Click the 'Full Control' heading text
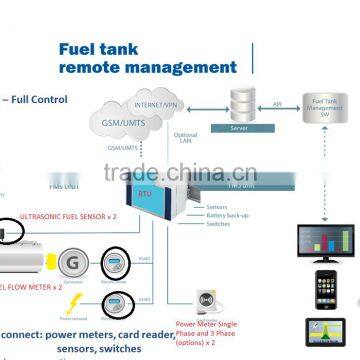coord(38,100)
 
